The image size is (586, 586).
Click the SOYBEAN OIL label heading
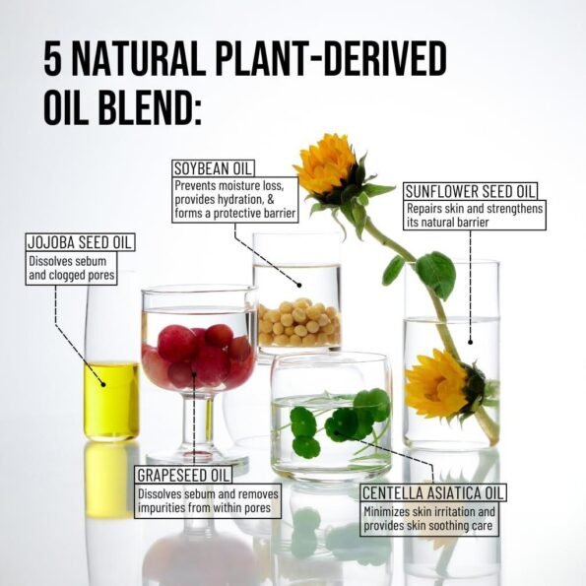tap(213, 168)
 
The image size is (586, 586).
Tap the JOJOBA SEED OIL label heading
tap(80, 242)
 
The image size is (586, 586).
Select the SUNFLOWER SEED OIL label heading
tap(470, 191)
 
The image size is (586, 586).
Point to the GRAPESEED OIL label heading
tap(183, 475)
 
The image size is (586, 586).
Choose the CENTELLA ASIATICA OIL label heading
tap(433, 493)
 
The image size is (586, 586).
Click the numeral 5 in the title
tap(53, 59)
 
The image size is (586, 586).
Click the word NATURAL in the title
tap(138, 59)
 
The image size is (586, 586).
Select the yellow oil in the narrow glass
tap(111, 401)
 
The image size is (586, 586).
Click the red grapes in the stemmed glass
tap(198, 357)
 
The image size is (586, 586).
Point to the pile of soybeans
tap(299, 322)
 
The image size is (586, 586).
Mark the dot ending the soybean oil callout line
tap(299, 286)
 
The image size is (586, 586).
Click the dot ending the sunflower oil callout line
tap(471, 342)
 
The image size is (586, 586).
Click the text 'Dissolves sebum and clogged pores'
tap(72, 268)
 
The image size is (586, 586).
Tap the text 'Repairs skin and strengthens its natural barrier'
tap(475, 216)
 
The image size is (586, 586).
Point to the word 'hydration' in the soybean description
tap(235, 200)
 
